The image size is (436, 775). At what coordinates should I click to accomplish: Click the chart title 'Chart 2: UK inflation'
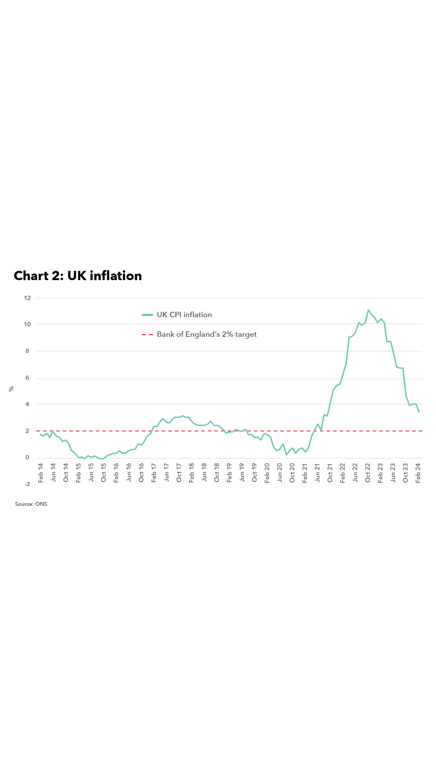pyautogui.click(x=78, y=276)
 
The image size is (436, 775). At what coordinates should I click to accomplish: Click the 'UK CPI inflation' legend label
pyautogui.click(x=184, y=315)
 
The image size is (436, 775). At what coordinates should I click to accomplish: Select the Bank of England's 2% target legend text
pyautogui.click(x=206, y=334)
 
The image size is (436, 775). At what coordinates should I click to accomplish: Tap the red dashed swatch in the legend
pyautogui.click(x=147, y=335)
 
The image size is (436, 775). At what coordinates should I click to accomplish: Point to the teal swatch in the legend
pyautogui.click(x=147, y=315)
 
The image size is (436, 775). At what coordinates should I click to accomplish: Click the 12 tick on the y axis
pyautogui.click(x=27, y=298)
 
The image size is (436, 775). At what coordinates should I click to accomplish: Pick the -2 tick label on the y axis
pyautogui.click(x=27, y=484)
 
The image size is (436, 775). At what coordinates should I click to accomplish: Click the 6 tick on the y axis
pyautogui.click(x=27, y=378)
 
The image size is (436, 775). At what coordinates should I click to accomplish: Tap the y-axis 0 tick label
pyautogui.click(x=27, y=457)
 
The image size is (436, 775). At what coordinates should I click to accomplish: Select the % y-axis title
pyautogui.click(x=11, y=389)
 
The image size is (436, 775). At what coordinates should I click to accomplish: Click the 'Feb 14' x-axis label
pyautogui.click(x=41, y=473)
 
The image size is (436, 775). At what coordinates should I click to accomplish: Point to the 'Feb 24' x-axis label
pyautogui.click(x=418, y=473)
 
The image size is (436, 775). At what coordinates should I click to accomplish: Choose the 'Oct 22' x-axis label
pyautogui.click(x=367, y=473)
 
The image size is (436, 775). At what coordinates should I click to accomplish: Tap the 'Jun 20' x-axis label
pyautogui.click(x=280, y=473)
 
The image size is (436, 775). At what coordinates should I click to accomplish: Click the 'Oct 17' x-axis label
pyautogui.click(x=179, y=473)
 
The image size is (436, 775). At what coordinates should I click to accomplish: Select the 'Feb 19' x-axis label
pyautogui.click(x=229, y=473)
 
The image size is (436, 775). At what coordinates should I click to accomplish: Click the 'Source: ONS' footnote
pyautogui.click(x=31, y=504)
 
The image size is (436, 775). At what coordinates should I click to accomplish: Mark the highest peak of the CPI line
pyautogui.click(x=368, y=310)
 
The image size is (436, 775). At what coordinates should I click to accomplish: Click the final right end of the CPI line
pyautogui.click(x=419, y=412)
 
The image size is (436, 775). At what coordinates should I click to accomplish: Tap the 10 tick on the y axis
pyautogui.click(x=27, y=324)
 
